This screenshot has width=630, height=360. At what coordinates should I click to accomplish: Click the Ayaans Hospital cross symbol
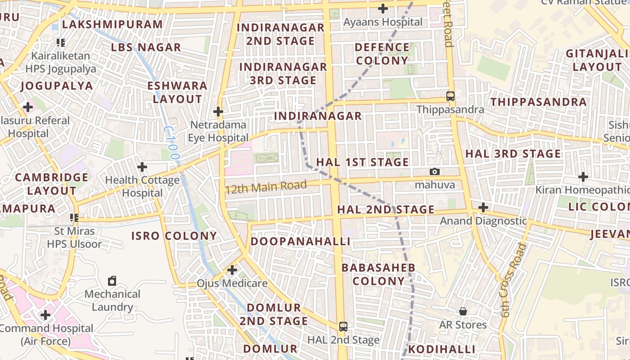click(383, 8)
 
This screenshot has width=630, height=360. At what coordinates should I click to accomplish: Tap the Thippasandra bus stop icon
click(450, 96)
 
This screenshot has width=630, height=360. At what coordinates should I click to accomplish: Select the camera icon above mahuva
click(435, 171)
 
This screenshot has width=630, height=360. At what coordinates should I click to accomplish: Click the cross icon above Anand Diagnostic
click(483, 207)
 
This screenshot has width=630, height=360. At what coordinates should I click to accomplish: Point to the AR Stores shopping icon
click(463, 311)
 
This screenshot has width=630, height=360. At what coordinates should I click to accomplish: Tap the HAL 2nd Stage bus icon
click(343, 326)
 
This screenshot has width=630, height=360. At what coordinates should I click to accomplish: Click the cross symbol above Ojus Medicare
click(232, 270)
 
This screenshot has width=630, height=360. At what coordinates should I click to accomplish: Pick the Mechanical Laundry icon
click(112, 281)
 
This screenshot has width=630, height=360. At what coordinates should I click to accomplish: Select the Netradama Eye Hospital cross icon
click(218, 111)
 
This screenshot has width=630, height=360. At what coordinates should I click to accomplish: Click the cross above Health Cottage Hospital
click(142, 167)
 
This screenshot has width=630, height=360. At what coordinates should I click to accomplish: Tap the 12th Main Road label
click(266, 186)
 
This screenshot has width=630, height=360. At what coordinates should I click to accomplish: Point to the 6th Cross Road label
click(513, 280)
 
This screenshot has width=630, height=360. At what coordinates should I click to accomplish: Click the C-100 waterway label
click(172, 143)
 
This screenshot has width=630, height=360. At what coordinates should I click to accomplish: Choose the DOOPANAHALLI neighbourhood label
click(300, 241)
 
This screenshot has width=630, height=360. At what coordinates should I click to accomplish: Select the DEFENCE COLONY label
click(382, 54)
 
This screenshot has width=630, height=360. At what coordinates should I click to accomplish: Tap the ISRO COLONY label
click(174, 236)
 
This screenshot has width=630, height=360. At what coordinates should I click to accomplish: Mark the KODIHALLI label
click(441, 349)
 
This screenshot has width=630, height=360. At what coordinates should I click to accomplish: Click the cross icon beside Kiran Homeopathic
click(583, 177)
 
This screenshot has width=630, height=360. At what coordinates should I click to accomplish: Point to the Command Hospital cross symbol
click(45, 315)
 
